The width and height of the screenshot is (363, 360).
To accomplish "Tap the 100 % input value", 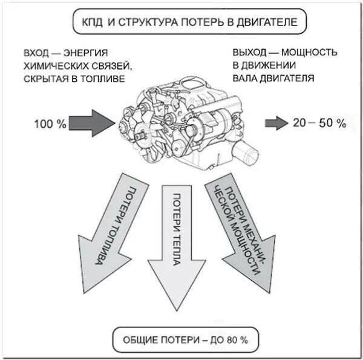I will coord(50,124).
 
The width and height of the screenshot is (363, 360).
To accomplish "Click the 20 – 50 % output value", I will coord(319,123).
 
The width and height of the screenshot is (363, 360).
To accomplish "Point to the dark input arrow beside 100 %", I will coord(91,123).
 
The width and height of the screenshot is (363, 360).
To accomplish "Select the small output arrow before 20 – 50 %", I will coord(276,123).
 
